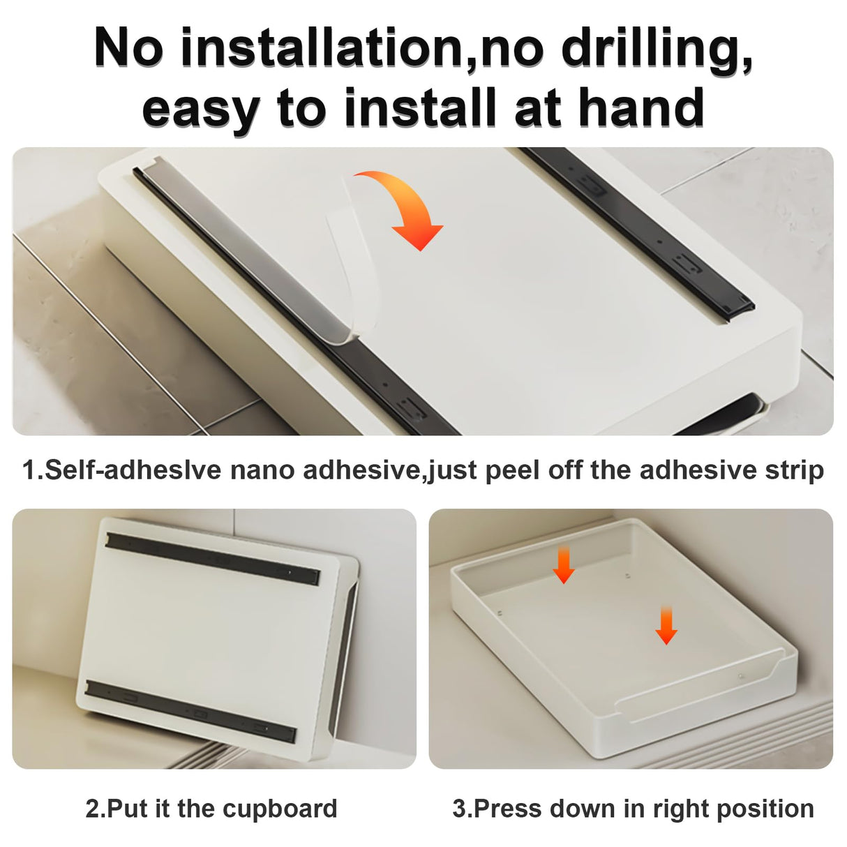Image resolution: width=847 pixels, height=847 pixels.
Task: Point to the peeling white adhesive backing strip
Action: coord(352,260)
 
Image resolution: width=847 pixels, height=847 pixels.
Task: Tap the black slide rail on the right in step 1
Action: coord(637,233)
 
